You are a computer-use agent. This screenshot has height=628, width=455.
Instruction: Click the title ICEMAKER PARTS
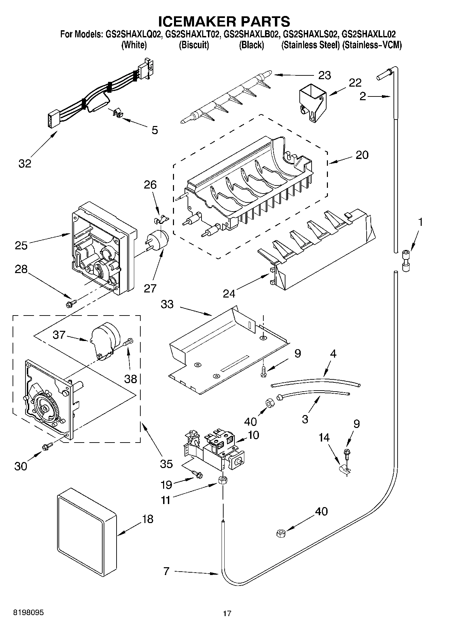(x=224, y=21)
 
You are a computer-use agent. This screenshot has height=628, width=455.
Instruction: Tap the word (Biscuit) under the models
(x=194, y=45)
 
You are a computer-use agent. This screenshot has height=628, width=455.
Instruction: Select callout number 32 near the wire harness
(x=25, y=163)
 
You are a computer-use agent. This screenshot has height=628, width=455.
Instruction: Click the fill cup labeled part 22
(x=312, y=102)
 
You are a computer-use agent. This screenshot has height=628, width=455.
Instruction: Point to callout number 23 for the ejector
(x=325, y=75)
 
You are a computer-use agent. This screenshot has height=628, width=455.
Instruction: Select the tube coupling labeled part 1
(x=406, y=260)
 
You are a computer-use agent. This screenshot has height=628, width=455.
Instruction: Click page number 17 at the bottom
(x=227, y=613)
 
